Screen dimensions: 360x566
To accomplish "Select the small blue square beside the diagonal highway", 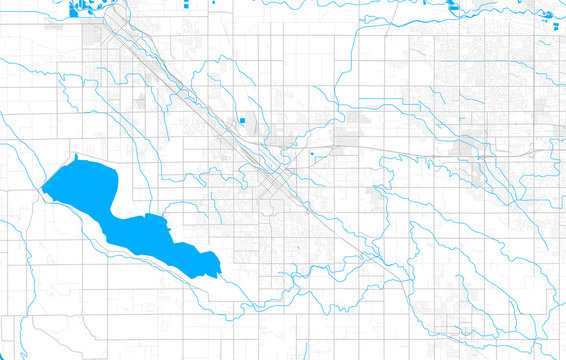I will coord(242,122).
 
